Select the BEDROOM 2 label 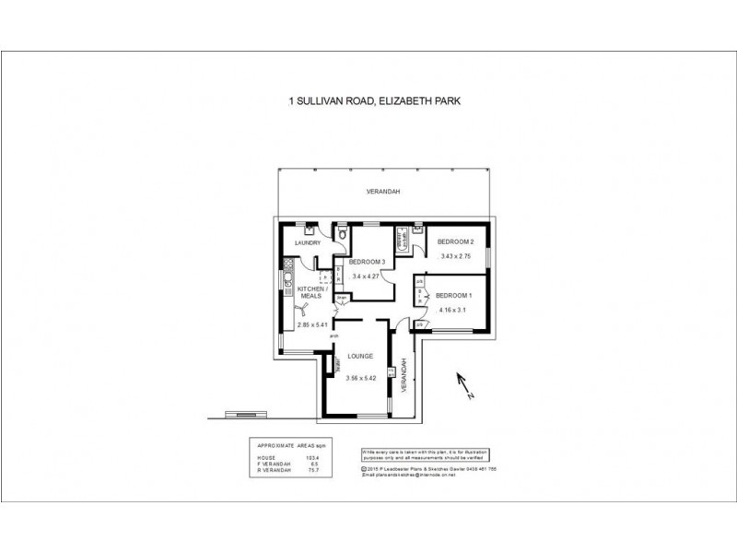pyautogui.click(x=455, y=241)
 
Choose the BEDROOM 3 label pyautogui.click(x=367, y=262)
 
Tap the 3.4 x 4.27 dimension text pyautogui.click(x=367, y=276)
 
